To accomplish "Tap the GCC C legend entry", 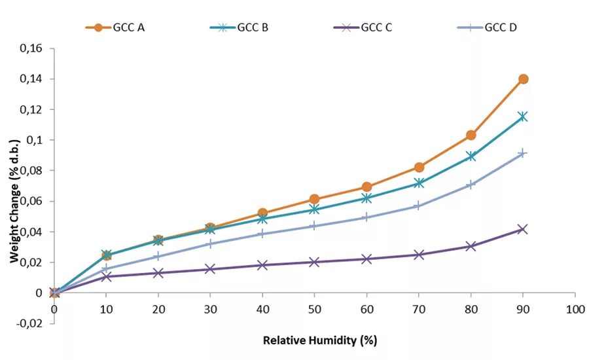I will tap(368, 27).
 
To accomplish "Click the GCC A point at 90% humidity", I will tap(523, 79).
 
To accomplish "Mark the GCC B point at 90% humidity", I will tap(523, 117).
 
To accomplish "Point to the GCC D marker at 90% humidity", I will tap(523, 153).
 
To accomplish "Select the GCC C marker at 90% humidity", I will tap(523, 229).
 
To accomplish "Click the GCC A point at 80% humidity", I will tap(471, 135).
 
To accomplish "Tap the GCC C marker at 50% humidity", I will tap(315, 262).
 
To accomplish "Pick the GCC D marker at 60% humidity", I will tap(366, 217).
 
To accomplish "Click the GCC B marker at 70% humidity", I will tap(419, 183).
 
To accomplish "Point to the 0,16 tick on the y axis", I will tap(33, 48).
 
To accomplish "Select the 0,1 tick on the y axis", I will tap(36, 140).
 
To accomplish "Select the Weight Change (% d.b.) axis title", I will tap(14, 186).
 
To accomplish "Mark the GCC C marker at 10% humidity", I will tap(107, 277).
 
